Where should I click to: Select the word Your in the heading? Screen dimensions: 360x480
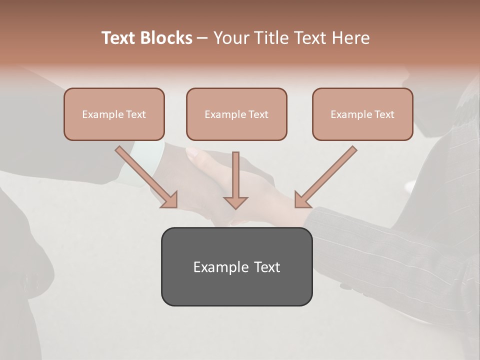point(232,38)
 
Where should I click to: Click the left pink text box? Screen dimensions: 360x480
point(114,114)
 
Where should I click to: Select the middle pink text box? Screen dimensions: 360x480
point(236,114)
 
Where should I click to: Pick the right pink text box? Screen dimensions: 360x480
point(362,114)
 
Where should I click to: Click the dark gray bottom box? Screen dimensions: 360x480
point(236,266)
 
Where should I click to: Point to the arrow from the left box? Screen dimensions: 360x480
point(145,175)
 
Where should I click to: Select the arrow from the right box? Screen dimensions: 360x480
point(327,175)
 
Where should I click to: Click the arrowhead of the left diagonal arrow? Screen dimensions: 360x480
point(170,200)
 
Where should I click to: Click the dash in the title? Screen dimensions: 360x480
point(202,38)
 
